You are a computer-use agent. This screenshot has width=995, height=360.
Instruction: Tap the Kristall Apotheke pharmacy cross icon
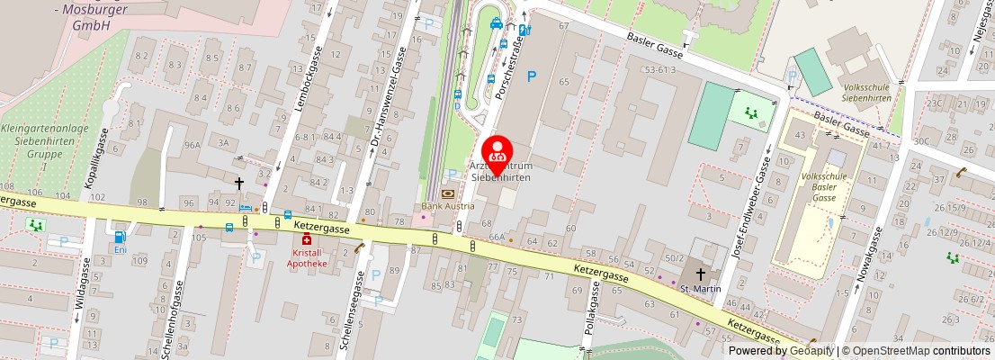click(307, 240)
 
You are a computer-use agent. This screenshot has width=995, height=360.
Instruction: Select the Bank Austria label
click(447, 206)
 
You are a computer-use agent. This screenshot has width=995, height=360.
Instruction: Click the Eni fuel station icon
click(120, 237)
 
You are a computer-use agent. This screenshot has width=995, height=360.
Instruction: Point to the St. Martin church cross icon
click(701, 274)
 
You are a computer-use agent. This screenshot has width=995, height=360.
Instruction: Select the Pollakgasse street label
click(593, 306)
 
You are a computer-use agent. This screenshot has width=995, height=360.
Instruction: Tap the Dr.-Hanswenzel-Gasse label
click(385, 100)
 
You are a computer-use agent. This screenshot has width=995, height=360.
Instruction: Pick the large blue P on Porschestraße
click(531, 77)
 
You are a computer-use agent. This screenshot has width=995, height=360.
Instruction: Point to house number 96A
click(192, 144)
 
